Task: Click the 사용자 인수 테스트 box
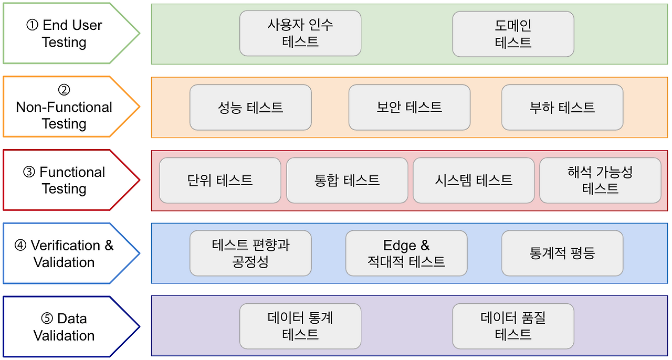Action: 300,33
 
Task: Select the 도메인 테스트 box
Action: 513,34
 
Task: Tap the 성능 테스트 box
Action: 250,108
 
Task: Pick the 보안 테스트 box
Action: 409,108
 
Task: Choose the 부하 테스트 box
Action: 562,108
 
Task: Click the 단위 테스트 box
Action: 220,181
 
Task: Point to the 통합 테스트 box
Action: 347,181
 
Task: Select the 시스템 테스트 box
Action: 474,181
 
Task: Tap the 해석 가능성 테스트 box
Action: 600,181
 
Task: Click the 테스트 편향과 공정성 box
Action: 250,253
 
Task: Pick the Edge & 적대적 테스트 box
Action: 406,253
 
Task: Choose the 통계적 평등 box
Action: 562,253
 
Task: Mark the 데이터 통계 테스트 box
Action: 300,326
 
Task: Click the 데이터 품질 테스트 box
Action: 513,326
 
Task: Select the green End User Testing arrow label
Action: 65,34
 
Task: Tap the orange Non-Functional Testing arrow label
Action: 65,107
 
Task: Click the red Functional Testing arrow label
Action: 65,180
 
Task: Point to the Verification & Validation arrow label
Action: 65,253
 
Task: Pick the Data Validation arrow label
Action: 65,326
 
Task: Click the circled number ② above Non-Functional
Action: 64,90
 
